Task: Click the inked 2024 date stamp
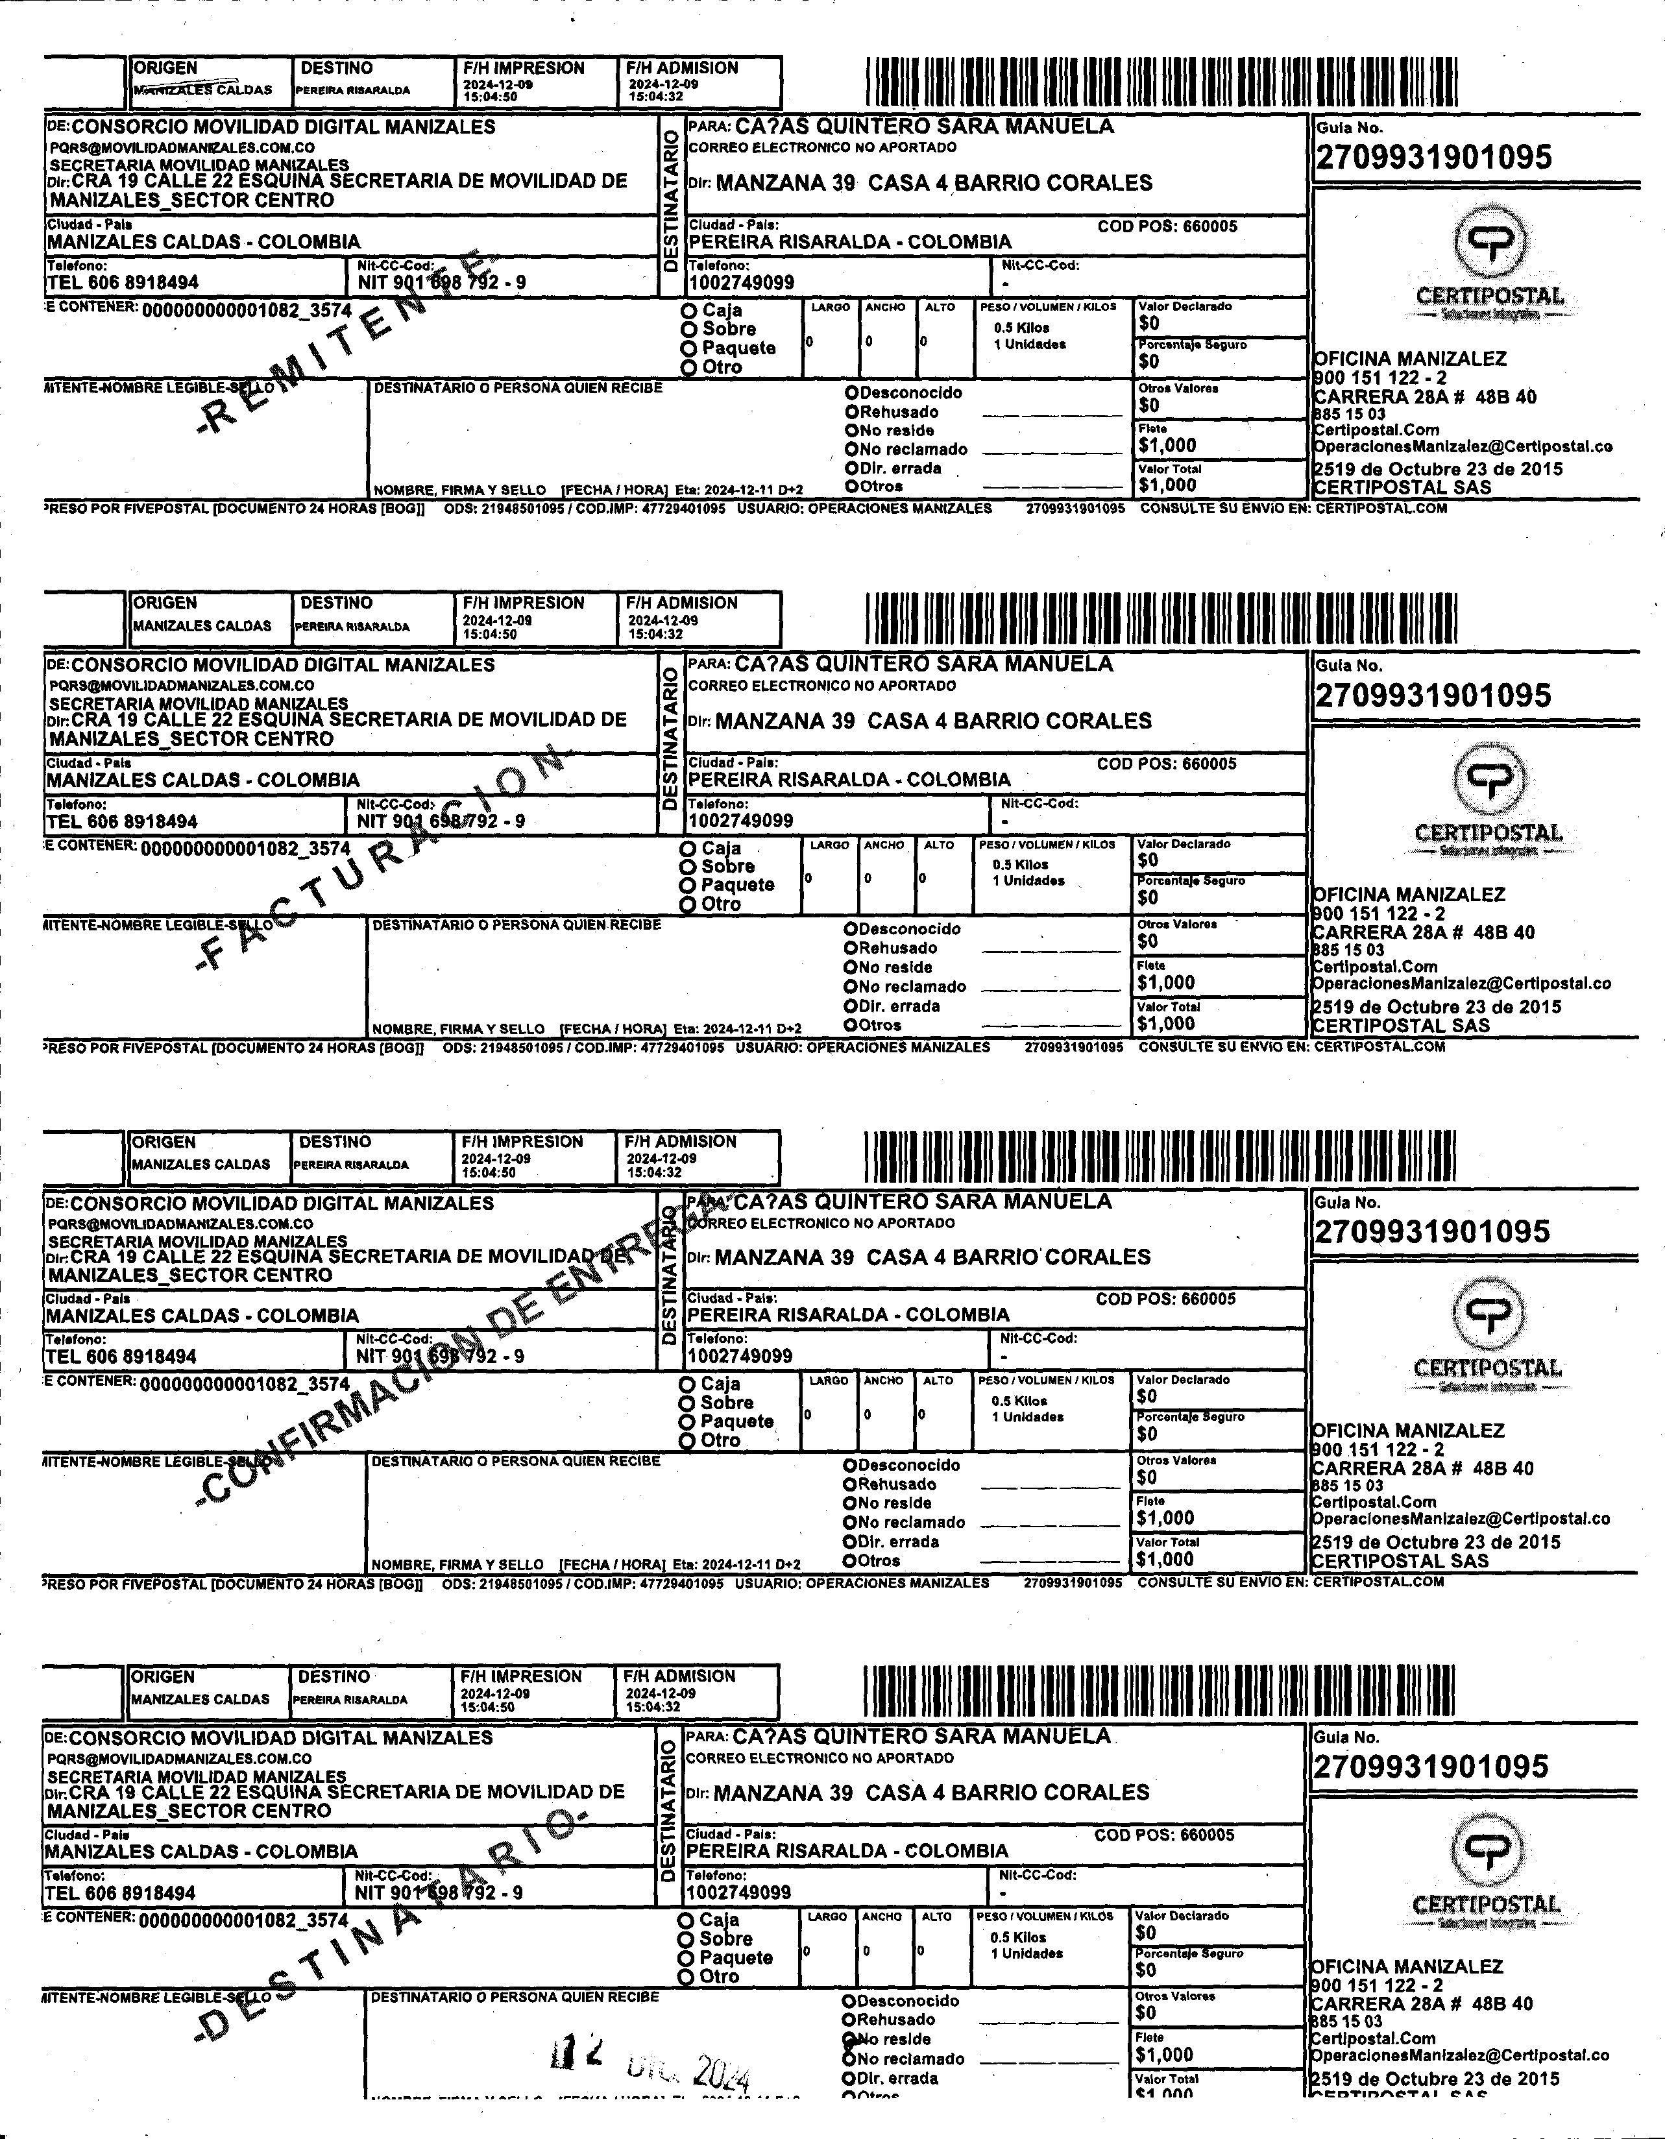(720, 2070)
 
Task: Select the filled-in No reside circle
(849, 2038)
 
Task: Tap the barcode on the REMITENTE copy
(1161, 82)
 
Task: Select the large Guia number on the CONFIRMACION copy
(1432, 1231)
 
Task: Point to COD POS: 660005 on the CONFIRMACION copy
(1165, 1299)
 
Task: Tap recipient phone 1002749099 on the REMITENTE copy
(742, 283)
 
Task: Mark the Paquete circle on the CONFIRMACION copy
(688, 1421)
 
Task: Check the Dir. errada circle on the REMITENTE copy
(852, 468)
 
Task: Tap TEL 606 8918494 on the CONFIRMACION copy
(121, 1357)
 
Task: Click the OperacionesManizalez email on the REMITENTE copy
(1463, 446)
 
